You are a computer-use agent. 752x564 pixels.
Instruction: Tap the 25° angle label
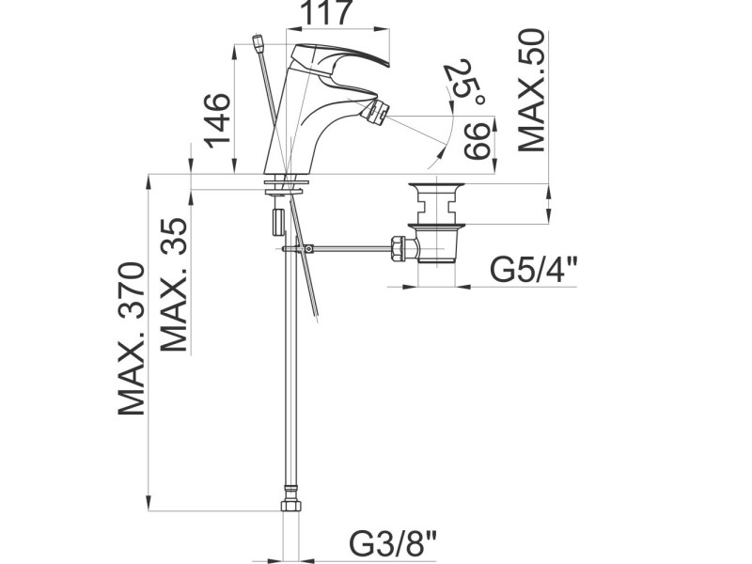click(462, 83)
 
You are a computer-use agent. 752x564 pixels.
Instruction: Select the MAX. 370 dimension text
click(131, 338)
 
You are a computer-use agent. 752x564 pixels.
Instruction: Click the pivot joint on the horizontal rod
click(307, 248)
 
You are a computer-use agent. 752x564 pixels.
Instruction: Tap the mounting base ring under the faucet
click(290, 179)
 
